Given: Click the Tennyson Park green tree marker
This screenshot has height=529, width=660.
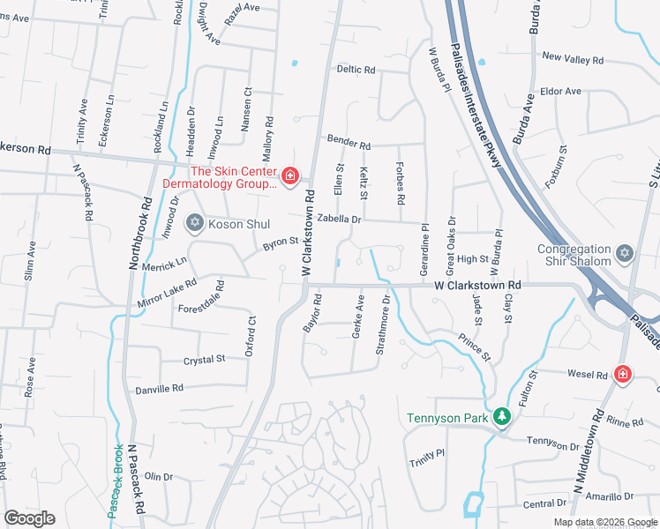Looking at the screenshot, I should [501, 415].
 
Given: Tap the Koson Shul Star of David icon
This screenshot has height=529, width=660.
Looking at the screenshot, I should [194, 223].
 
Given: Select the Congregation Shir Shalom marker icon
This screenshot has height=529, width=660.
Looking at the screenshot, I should [625, 253].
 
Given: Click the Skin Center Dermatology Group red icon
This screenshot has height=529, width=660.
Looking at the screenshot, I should [289, 177].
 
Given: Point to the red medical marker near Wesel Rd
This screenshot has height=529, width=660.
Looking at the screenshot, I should [623, 374].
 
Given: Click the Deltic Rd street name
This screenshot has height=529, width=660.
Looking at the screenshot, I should [356, 70].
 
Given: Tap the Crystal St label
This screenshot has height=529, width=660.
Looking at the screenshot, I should [205, 359].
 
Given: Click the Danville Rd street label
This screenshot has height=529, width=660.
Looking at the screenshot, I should [159, 388].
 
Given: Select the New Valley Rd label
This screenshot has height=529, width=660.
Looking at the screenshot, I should [573, 59].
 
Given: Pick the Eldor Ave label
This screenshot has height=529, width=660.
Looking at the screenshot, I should [560, 91].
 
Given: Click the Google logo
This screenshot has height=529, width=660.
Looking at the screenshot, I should [29, 518].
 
